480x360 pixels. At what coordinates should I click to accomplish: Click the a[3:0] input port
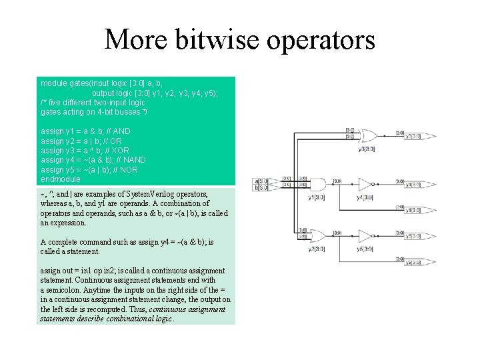point(261,181)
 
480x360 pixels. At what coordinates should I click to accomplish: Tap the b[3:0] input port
point(261,187)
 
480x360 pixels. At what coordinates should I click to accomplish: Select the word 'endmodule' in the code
point(60,179)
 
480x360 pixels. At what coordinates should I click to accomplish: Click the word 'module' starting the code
point(53,84)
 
